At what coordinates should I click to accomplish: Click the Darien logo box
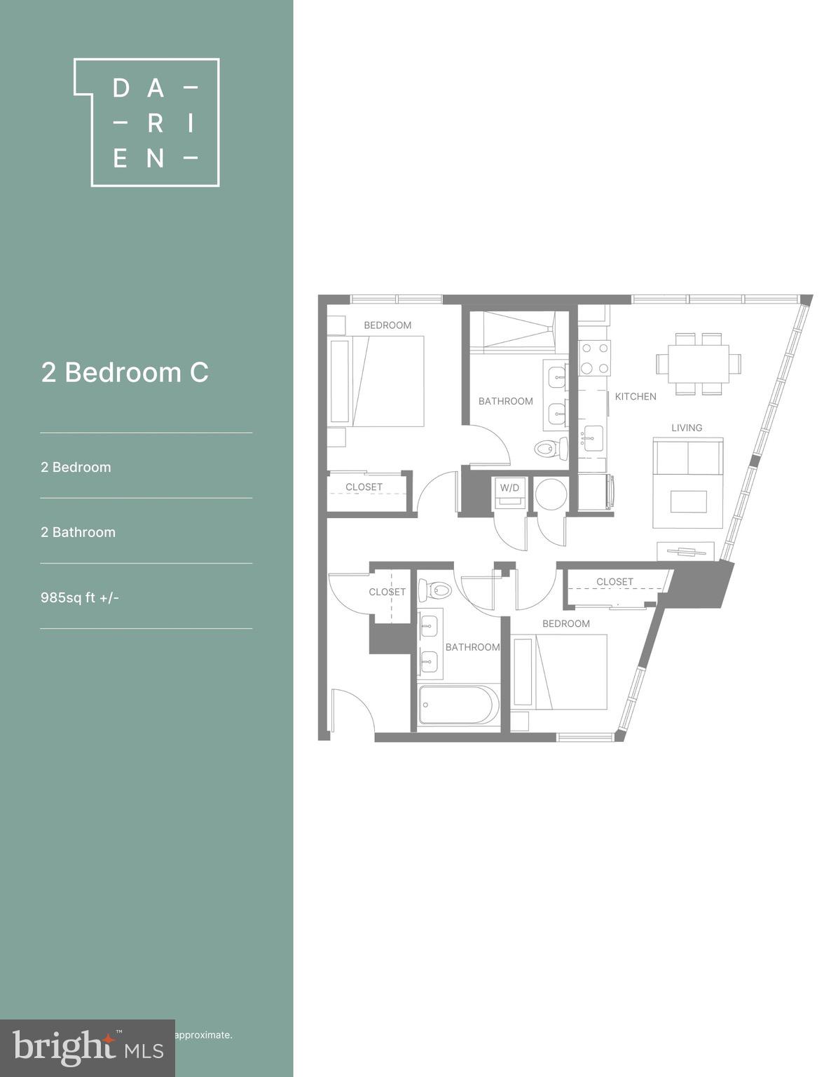pos(147,123)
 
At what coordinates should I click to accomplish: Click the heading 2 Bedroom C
pos(125,372)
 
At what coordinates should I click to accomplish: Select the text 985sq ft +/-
pos(80,597)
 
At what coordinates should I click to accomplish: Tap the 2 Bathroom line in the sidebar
pos(78,532)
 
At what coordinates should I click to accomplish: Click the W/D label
pos(509,487)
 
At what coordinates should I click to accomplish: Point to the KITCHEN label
pos(636,396)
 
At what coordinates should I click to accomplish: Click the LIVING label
pos(687,428)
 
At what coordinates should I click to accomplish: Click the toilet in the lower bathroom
pos(435,590)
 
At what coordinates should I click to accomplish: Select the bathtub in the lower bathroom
pos(459,704)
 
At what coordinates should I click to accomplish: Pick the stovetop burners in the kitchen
pos(594,358)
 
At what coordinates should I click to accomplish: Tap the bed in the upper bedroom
pos(387,381)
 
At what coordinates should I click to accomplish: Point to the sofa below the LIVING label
pos(688,457)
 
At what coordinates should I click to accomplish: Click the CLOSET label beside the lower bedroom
pos(614,581)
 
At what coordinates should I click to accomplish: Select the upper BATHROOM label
pos(505,401)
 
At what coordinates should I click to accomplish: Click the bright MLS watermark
pos(88,1048)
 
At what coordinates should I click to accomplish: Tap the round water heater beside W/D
pos(551,494)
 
